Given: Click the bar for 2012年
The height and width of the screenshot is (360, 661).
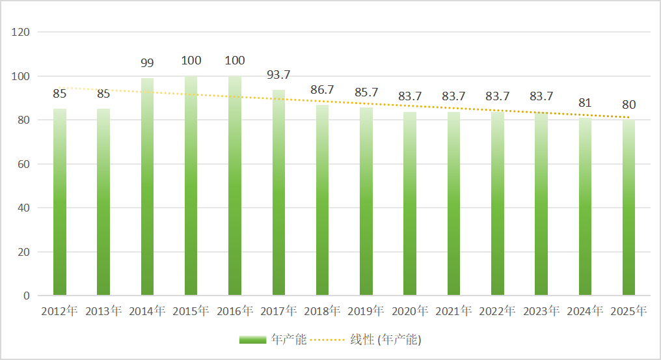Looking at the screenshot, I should (60, 202).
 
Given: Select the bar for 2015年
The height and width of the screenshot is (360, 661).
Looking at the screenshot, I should (191, 186).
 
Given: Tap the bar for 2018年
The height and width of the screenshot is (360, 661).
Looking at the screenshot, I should (322, 200).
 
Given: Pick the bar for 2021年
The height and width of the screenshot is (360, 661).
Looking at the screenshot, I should (453, 203).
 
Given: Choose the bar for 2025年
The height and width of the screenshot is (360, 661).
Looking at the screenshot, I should (628, 207).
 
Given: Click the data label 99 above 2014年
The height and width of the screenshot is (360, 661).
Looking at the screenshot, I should (147, 63).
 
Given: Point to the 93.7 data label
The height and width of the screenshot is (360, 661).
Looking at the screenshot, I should (278, 75).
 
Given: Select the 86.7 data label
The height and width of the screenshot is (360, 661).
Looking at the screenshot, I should (322, 90).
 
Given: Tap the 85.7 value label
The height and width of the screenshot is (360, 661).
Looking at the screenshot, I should (366, 92).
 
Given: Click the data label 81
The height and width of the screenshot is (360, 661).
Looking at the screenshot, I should (584, 103).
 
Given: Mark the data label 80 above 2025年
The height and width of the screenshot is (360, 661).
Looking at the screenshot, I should (628, 105).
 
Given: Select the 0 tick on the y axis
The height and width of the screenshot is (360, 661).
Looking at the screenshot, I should (27, 296).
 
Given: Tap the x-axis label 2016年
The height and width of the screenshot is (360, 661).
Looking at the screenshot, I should (234, 311).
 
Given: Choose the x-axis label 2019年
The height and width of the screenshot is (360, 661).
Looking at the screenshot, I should (366, 311).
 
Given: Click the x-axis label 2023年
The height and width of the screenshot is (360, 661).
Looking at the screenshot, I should (541, 311).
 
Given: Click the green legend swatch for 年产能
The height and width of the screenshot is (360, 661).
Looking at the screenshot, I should (252, 339).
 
